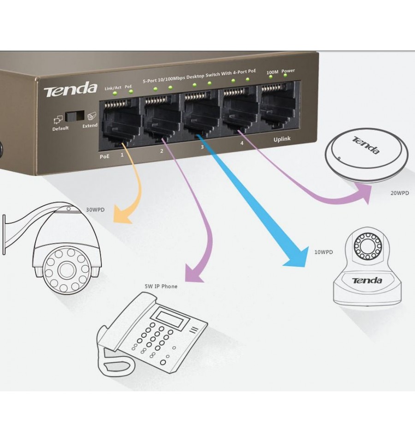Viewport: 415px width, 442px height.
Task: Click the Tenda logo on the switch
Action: coord(71,89)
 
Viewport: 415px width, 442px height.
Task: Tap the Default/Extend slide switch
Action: coord(75,116)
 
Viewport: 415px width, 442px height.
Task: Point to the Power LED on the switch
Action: coord(285,75)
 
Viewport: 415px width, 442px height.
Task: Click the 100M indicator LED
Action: coord(271,77)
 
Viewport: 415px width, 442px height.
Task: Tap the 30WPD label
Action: coord(95,210)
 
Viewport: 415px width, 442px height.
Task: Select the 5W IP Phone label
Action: coord(161,286)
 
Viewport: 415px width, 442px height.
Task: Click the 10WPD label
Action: coord(324,252)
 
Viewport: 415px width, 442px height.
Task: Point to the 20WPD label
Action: coord(399,193)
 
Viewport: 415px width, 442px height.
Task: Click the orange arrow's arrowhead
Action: coord(122,215)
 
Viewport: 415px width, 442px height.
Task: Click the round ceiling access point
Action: coord(366,155)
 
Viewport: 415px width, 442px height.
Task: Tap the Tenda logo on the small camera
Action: coord(367,281)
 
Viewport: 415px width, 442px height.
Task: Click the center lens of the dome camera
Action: coord(67,270)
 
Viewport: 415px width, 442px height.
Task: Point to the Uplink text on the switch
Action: coord(282,139)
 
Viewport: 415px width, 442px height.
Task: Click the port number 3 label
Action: coord(202,147)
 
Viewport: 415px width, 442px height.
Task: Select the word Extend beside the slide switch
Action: coord(90,125)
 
